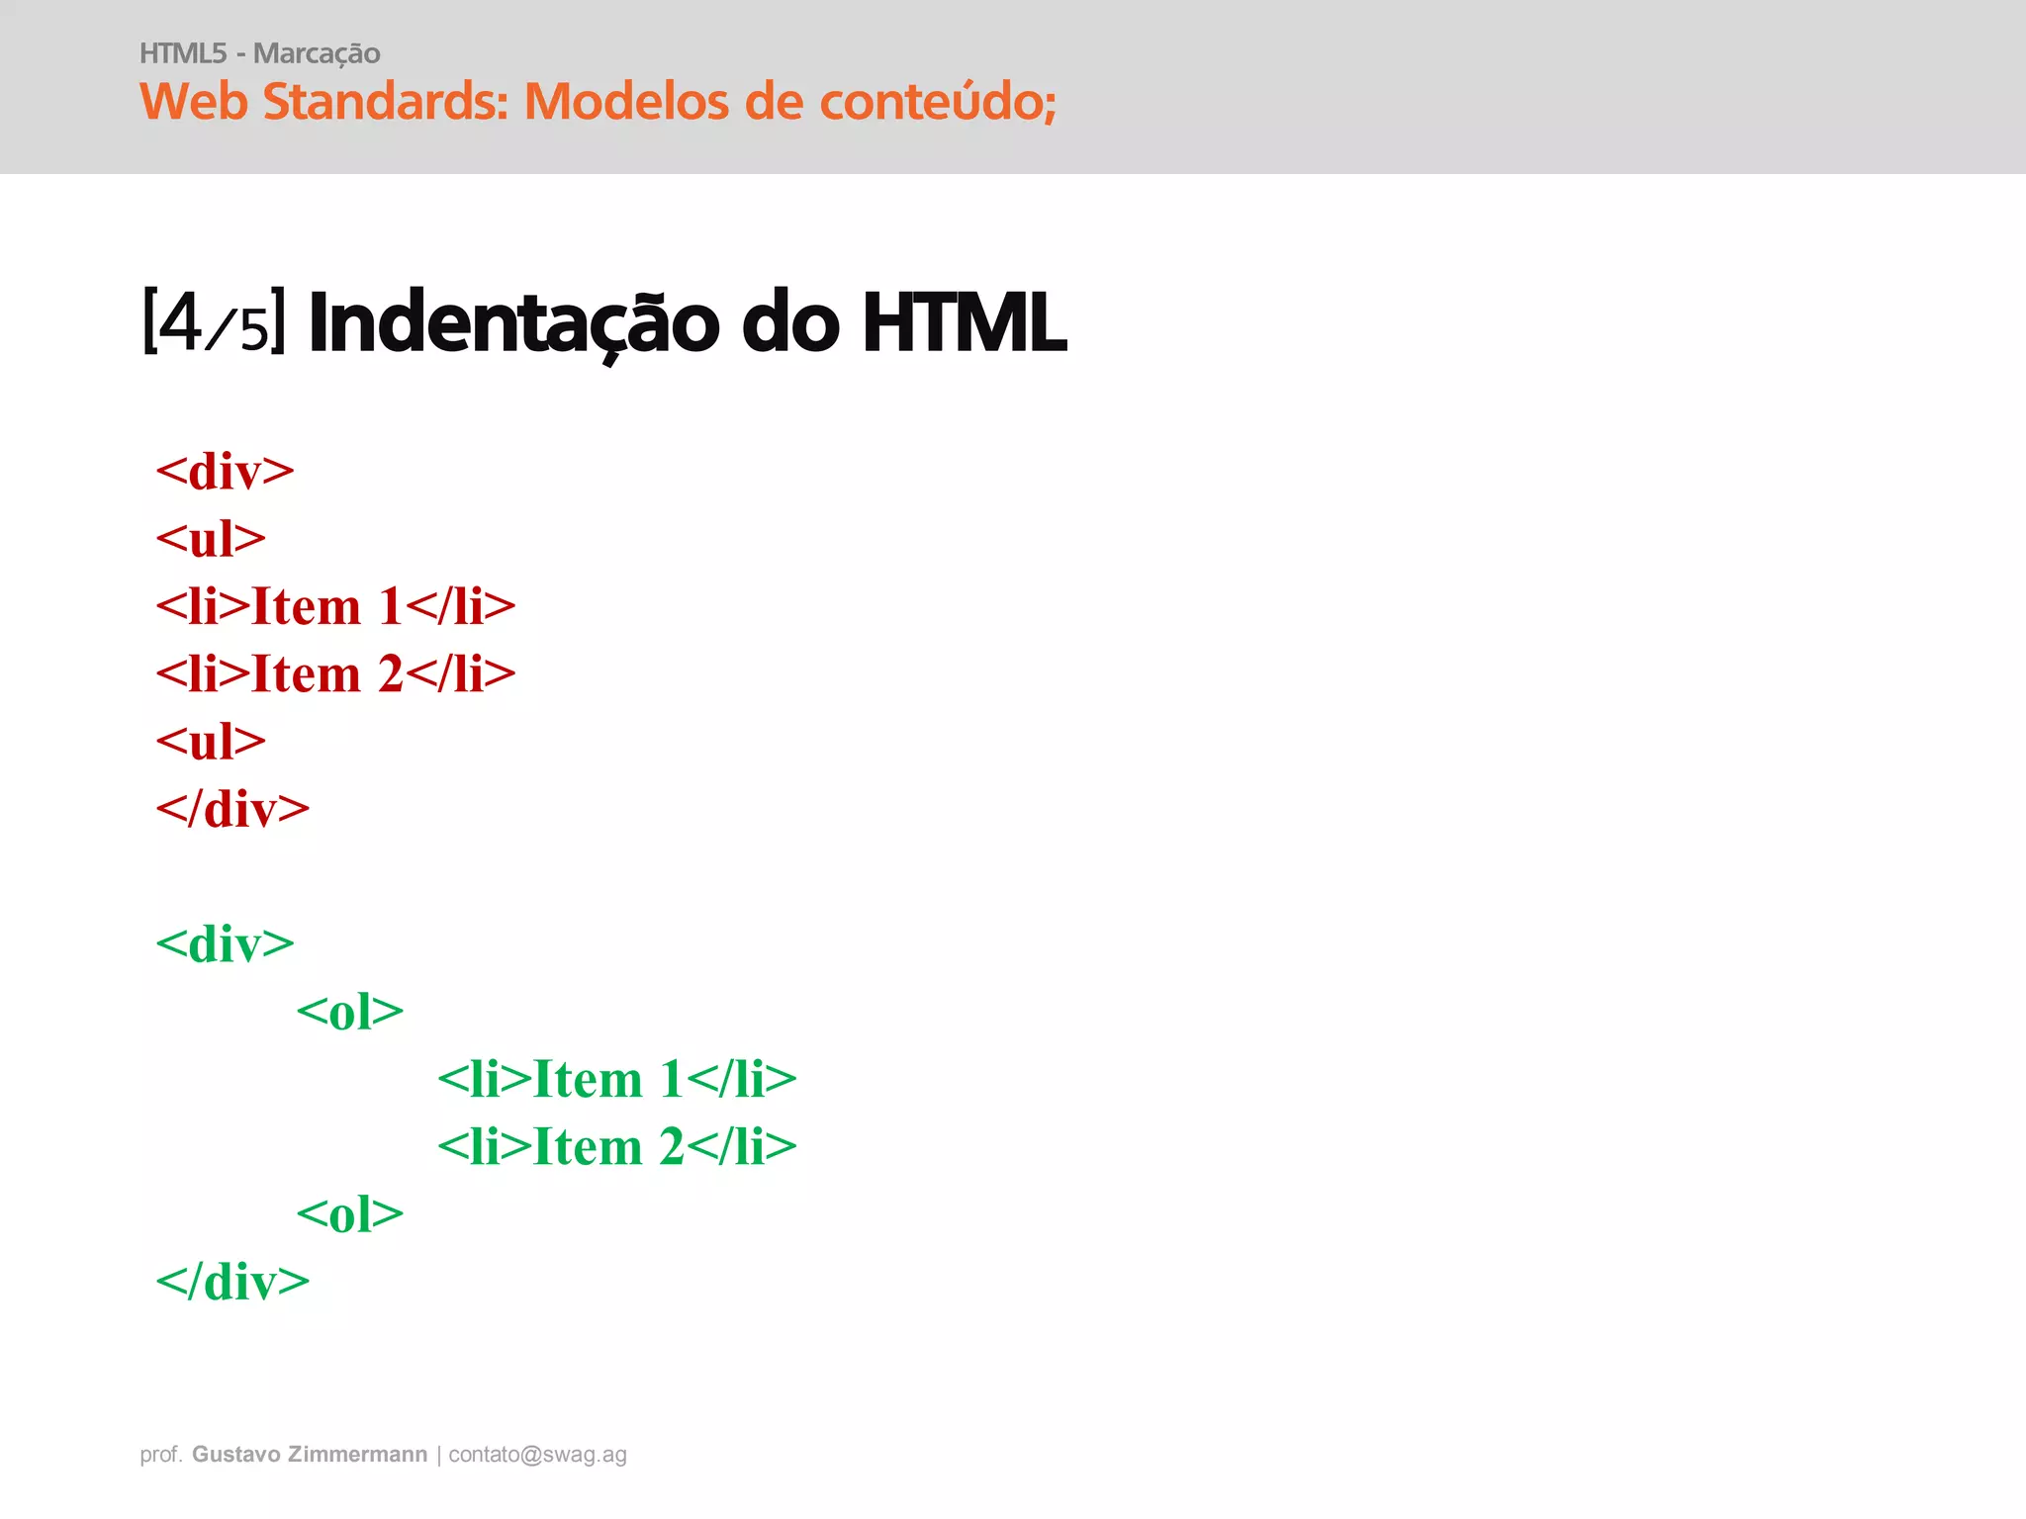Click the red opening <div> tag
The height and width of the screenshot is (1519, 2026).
[x=225, y=472]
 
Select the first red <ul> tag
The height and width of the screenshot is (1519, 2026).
[x=211, y=540]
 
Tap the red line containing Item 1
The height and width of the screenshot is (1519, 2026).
[x=335, y=606]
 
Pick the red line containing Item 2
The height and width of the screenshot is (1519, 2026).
[x=335, y=674]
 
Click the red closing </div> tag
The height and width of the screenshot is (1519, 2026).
[x=232, y=809]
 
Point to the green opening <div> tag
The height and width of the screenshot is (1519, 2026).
[x=225, y=944]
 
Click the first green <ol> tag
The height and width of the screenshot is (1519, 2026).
[x=350, y=1012]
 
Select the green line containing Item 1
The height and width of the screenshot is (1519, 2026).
[x=616, y=1079]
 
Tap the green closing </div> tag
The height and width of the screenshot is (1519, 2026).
[x=232, y=1282]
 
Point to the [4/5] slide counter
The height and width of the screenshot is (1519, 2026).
[x=214, y=321]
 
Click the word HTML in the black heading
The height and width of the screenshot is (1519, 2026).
[x=964, y=322]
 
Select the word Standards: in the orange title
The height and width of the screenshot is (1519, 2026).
[x=385, y=102]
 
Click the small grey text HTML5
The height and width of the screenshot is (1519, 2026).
[x=183, y=53]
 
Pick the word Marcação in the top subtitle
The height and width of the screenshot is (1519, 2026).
[x=317, y=54]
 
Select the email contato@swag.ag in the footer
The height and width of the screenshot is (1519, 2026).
[x=537, y=1455]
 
